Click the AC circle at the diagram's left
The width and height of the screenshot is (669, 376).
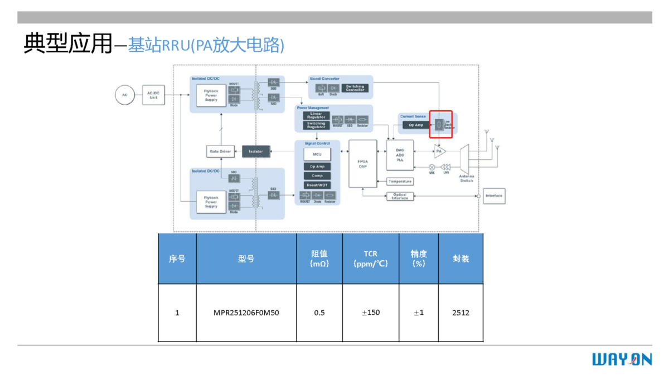pos(125,95)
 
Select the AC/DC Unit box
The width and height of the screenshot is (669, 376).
pos(153,95)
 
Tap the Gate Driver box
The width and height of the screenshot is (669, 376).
pos(220,152)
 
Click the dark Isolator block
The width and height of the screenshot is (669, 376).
pos(256,152)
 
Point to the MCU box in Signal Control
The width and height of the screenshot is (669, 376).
pos(317,154)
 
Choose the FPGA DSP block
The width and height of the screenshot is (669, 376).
pos(362,164)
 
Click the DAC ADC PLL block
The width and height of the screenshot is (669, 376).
pos(400,154)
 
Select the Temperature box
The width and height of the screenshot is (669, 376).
pos(400,182)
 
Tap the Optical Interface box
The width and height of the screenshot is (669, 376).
pos(400,196)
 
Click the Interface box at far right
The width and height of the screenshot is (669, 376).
pos(494,196)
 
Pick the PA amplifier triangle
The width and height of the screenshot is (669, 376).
pos(440,152)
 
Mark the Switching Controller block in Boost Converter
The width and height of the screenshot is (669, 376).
pos(355,88)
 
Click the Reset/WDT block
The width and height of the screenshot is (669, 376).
pos(317,185)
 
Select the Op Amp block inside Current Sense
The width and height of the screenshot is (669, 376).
pos(416,125)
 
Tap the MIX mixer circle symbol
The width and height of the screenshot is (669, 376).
pos(432,167)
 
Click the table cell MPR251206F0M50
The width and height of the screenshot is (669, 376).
pos(246,312)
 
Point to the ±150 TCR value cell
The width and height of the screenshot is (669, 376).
pos(371,312)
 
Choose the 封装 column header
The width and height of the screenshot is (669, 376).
pos(460,259)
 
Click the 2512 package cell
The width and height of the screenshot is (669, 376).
pos(460,312)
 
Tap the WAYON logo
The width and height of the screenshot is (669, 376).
pos(622,359)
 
